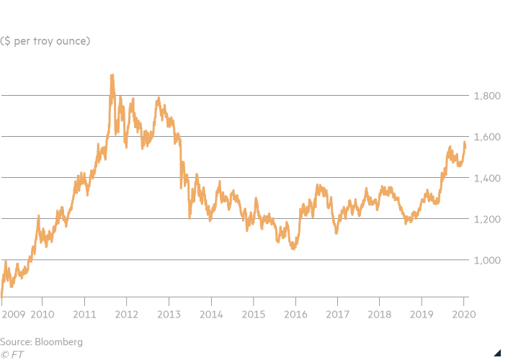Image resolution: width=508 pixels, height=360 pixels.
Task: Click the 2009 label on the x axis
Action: pos(13,315)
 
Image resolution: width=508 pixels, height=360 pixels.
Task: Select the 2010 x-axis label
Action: pos(42,315)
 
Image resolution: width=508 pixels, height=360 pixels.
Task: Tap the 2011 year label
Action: pos(84,315)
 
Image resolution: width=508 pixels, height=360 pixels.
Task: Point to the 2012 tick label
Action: pos(126,315)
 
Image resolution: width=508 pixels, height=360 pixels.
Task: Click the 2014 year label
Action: pos(210,315)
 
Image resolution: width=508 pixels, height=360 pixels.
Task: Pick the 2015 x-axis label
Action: pos(253,315)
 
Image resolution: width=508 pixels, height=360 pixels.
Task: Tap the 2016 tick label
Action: pos(295,315)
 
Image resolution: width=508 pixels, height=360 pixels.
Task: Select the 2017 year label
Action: pos(337,315)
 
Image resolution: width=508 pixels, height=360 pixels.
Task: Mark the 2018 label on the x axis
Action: pos(379,315)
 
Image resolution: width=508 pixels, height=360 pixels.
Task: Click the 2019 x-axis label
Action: pos(422,315)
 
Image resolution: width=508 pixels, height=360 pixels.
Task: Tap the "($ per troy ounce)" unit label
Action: pos(45,40)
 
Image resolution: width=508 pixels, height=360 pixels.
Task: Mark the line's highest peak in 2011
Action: pos(112,75)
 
